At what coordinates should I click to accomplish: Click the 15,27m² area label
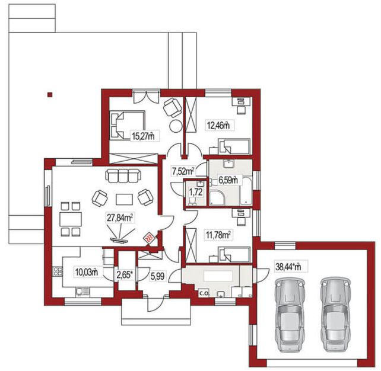tap(143, 136)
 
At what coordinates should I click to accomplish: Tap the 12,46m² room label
tap(218, 126)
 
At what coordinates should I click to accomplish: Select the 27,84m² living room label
tap(120, 218)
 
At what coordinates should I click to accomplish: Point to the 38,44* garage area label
tap(288, 267)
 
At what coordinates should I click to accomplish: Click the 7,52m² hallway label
tap(183, 171)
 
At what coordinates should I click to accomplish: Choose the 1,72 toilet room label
tap(196, 192)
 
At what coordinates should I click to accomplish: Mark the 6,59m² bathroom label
tap(228, 180)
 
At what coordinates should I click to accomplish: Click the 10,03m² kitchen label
tap(87, 272)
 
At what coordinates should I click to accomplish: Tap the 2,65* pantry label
tap(125, 276)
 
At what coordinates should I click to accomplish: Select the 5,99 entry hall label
tap(157, 276)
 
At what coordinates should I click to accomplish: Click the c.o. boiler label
tap(204, 293)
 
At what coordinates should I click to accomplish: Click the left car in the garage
tap(290, 315)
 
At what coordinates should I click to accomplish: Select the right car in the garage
tap(335, 315)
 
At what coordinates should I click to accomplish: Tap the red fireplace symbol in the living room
tap(149, 238)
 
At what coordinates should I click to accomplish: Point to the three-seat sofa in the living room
tap(123, 176)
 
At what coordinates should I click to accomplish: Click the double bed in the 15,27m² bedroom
tap(128, 125)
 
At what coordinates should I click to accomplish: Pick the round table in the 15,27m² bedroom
tap(176, 126)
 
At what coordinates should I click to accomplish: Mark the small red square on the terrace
tap(50, 95)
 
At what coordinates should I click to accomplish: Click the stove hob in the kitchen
tap(57, 271)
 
